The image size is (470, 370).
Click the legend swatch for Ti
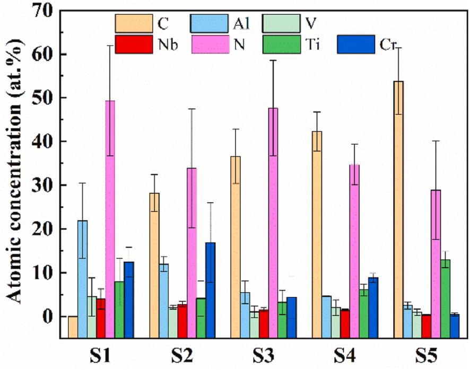279,45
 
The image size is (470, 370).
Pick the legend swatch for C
131,23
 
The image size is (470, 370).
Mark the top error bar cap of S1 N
110,46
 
